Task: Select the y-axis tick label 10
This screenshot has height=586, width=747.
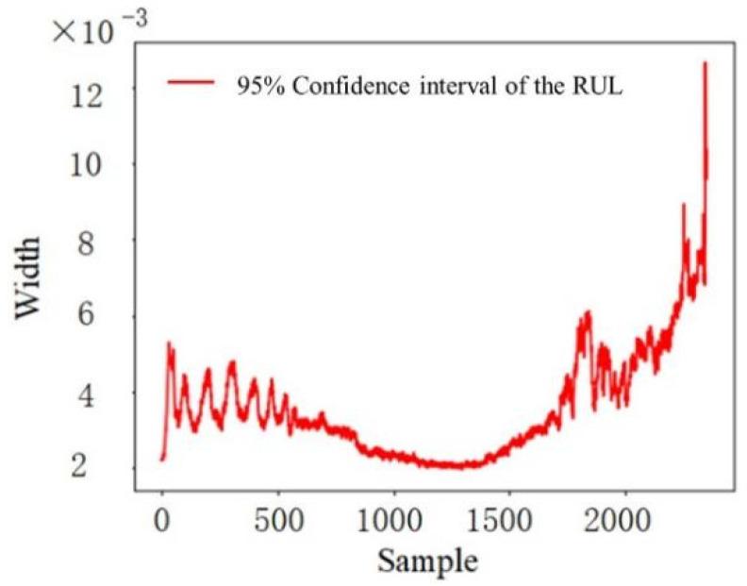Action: pos(91,164)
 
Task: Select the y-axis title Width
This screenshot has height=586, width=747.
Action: pos(28,279)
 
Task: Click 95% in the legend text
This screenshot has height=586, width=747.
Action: pos(259,85)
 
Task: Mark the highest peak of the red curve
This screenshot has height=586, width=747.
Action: pos(705,63)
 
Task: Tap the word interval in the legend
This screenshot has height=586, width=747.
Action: pos(437,85)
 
